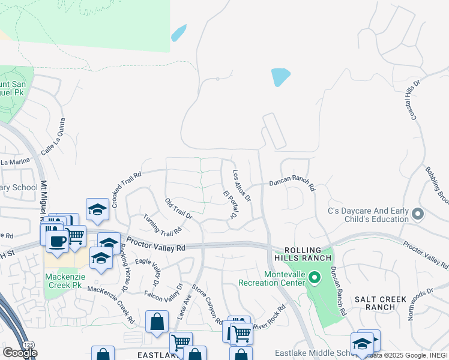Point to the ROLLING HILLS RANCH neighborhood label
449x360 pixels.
pyautogui.click(x=308, y=254)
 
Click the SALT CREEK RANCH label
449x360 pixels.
pyautogui.click(x=381, y=303)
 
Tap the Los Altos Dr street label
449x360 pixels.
pyautogui.click(x=241, y=184)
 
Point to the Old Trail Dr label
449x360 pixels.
pyautogui.click(x=178, y=208)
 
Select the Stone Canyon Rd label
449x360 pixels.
pyautogui.click(x=208, y=305)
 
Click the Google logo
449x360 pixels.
pyautogui.click(x=20, y=353)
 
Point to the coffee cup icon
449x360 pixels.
pyautogui.click(x=58, y=241)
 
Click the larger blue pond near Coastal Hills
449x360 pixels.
pyautogui.click(x=280, y=77)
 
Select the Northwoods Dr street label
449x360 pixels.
pyautogui.click(x=420, y=303)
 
